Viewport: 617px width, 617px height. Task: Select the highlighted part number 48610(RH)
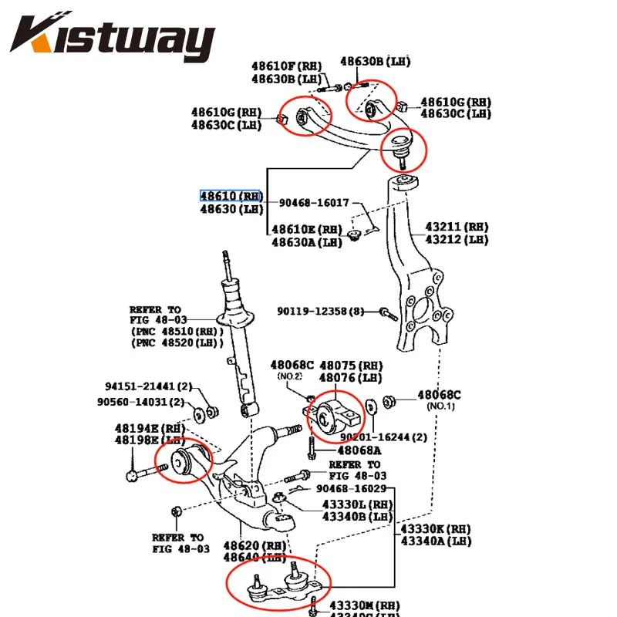231,196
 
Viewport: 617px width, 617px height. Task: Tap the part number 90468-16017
315,202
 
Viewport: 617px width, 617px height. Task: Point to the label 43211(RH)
457,228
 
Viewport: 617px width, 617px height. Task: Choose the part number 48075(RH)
351,365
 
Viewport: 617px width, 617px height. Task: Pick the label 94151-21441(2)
148,386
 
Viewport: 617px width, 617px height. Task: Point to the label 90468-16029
351,489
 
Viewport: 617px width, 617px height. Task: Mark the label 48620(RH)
254,545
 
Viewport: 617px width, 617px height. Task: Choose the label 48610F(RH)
282,66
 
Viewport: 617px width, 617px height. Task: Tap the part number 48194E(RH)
150,428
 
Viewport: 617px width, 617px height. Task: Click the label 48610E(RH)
306,229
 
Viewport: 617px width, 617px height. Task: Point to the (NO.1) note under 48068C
439,406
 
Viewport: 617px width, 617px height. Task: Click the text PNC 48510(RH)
177,332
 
